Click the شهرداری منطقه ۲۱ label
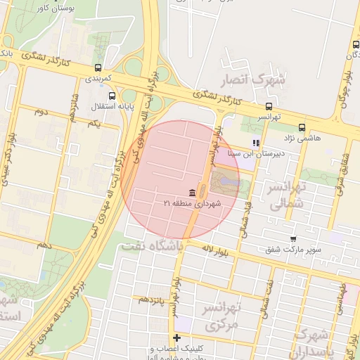(x=192, y=203)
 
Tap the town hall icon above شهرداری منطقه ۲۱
(x=191, y=193)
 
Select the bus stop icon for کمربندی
(x=97, y=68)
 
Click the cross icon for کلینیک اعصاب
(x=177, y=338)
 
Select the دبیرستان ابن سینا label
(x=257, y=153)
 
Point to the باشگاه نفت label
(x=151, y=246)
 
